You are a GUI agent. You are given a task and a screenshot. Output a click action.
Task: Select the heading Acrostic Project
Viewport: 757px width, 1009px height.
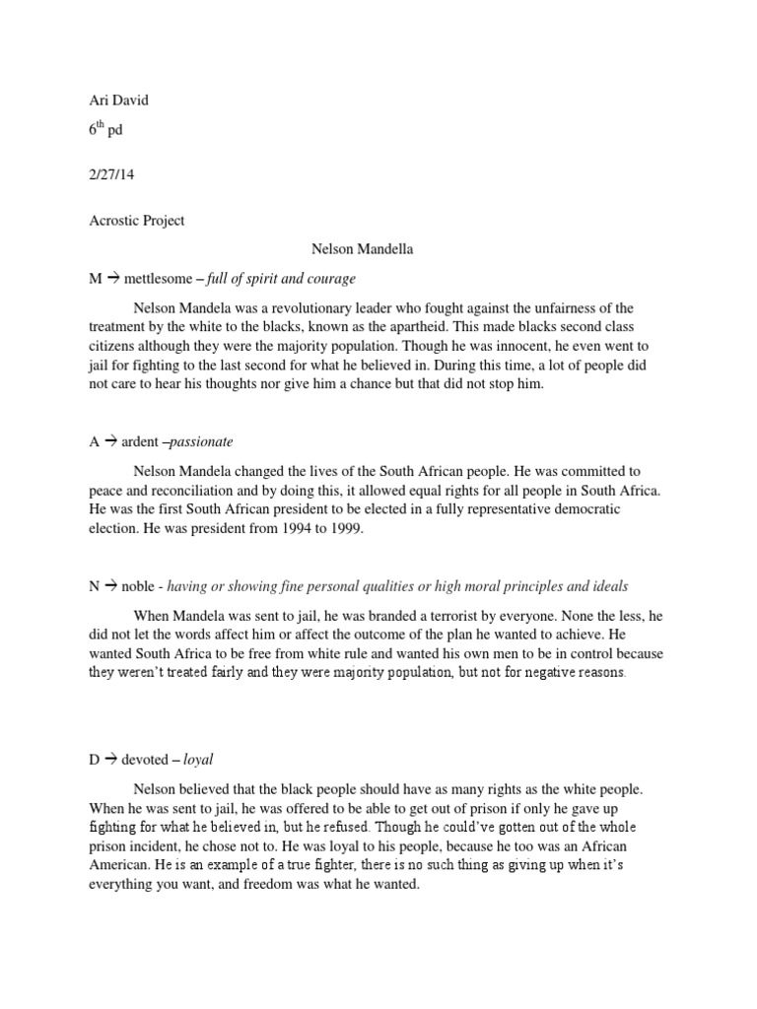(x=136, y=221)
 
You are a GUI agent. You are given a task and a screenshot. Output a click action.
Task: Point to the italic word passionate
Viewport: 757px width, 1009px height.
(x=203, y=441)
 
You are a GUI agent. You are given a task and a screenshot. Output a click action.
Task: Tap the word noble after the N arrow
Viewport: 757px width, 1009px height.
(x=138, y=586)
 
